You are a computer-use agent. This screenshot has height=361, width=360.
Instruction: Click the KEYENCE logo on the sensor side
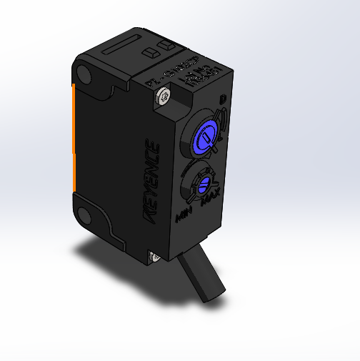point(154,179)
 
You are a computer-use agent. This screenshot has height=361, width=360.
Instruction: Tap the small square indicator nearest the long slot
point(151,52)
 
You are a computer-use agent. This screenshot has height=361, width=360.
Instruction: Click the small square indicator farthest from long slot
point(169,45)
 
